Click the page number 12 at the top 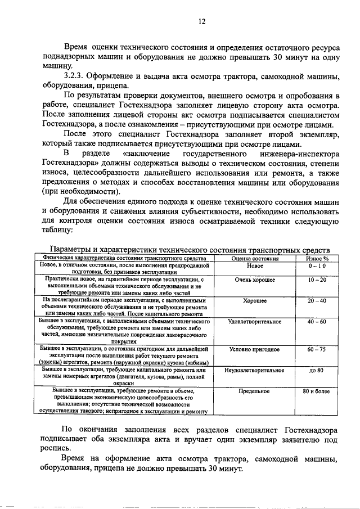201,21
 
